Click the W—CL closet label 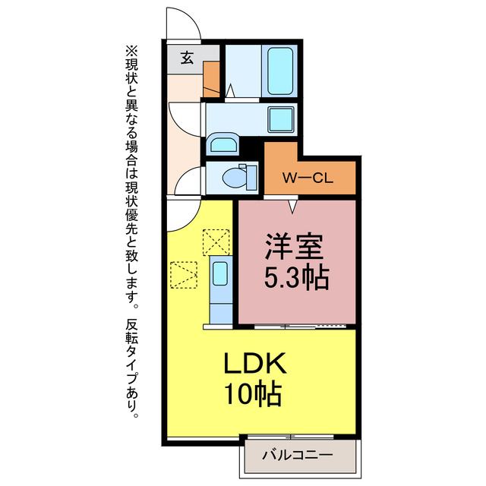pyautogui.click(x=309, y=179)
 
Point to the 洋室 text pyautogui.click(x=295, y=248)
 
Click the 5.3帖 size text pyautogui.click(x=295, y=278)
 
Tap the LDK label pyautogui.click(x=254, y=364)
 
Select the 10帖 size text pyautogui.click(x=254, y=394)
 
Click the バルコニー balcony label pyautogui.click(x=298, y=456)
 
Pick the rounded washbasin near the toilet pyautogui.click(x=222, y=146)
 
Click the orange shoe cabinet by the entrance pyautogui.click(x=211, y=76)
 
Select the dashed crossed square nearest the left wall pyautogui.click(x=184, y=276)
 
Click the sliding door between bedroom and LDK pyautogui.click(x=304, y=326)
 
